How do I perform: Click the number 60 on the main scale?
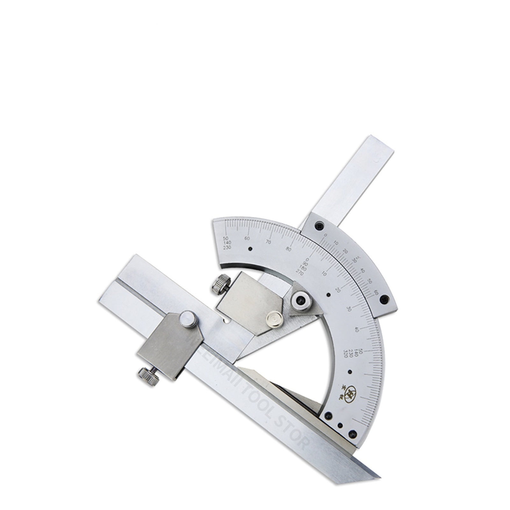[247, 238]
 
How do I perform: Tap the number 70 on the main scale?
[269, 242]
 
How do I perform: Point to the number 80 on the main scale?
[289, 249]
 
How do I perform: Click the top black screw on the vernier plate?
[319, 226]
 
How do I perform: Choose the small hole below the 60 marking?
[250, 249]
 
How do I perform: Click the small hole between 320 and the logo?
[350, 372]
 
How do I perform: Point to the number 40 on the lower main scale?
[356, 329]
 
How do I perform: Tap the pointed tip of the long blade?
[379, 477]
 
